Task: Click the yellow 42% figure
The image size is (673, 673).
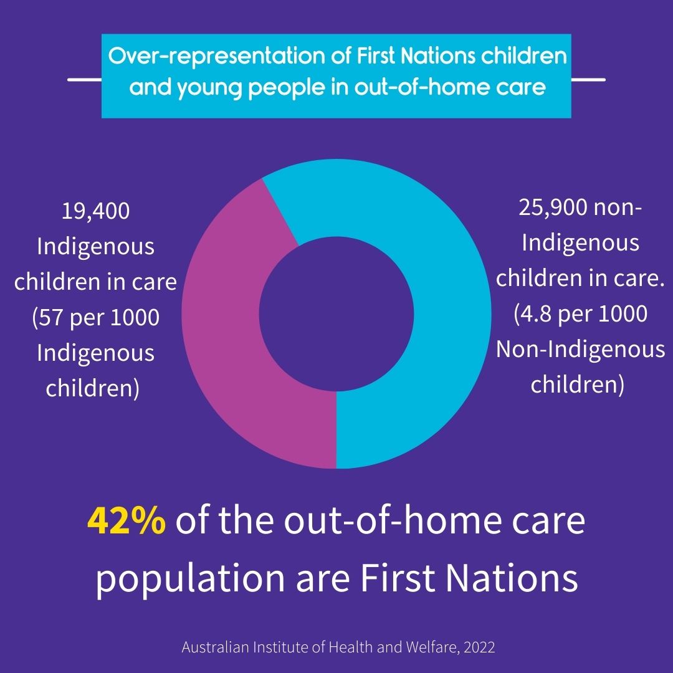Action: coord(126,520)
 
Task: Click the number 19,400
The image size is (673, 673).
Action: coord(95,211)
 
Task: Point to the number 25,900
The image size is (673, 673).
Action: coord(553,208)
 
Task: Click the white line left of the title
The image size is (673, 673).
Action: coord(85,79)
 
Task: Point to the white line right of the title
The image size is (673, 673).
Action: coord(588,79)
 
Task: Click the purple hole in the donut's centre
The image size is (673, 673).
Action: coord(336,313)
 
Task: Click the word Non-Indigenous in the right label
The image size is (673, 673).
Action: coord(581,350)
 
